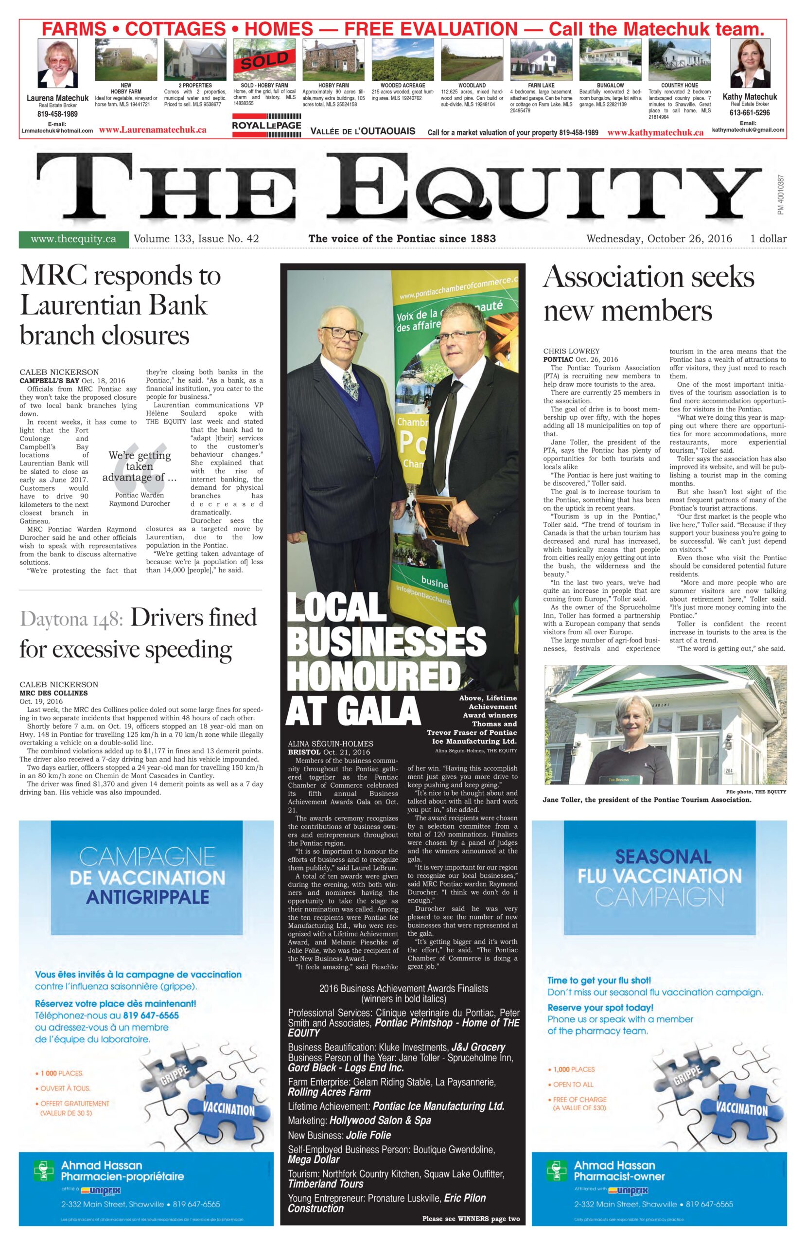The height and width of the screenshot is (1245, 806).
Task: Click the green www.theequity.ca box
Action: tap(73, 239)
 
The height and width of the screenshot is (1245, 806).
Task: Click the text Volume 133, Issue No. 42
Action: tap(196, 239)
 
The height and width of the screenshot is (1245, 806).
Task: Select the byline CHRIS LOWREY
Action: tap(571, 351)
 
